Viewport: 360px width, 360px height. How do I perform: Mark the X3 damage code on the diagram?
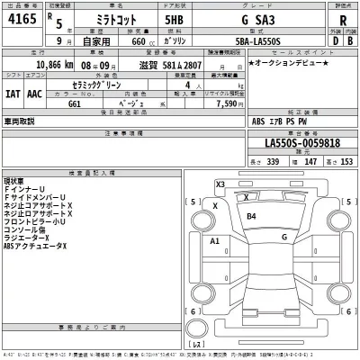coord(220,184)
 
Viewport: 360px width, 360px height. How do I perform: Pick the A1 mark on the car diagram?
coord(214,242)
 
